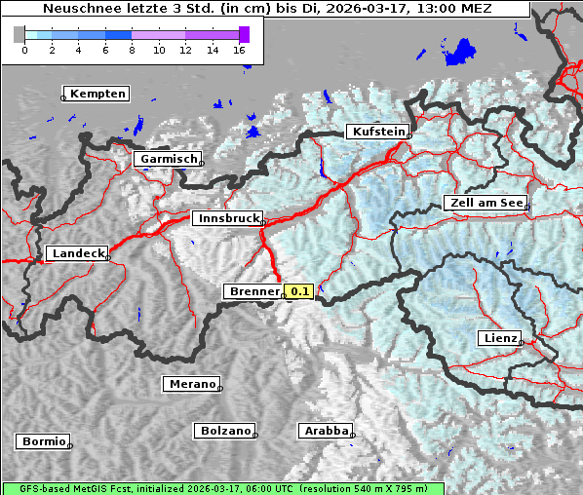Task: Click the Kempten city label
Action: click(x=97, y=94)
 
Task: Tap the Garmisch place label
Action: click(x=168, y=159)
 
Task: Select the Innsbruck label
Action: click(x=227, y=219)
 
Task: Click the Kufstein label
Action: click(x=377, y=132)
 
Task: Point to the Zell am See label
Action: click(x=485, y=203)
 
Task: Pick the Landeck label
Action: click(x=77, y=253)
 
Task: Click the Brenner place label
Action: click(x=253, y=291)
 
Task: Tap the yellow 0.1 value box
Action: click(x=298, y=291)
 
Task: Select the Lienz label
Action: click(x=499, y=338)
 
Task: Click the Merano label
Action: click(x=191, y=384)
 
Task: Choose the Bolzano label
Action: click(x=225, y=431)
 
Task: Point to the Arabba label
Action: click(x=325, y=431)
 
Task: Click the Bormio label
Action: click(x=43, y=441)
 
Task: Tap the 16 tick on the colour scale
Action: click(x=240, y=49)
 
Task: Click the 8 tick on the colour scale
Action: click(x=132, y=49)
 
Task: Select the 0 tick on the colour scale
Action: click(x=24, y=49)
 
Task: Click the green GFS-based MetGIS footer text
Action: click(x=222, y=488)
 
